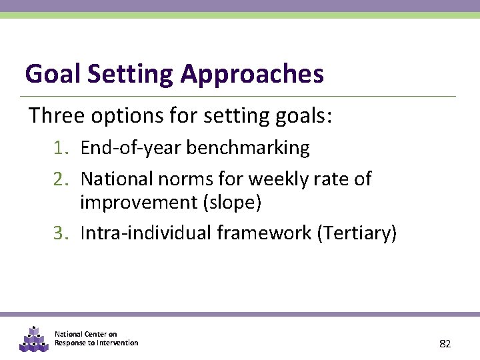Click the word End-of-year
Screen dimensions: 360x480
[x=130, y=148]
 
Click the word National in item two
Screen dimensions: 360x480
[x=117, y=179]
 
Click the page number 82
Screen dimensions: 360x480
[x=445, y=344]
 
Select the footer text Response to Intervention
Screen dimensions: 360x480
[x=97, y=343]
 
